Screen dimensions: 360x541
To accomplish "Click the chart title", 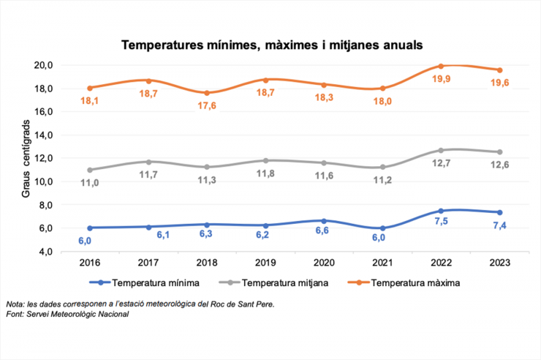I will coord(271,45).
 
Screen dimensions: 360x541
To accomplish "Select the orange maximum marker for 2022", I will coord(441,66).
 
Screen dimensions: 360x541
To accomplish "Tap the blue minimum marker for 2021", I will coord(382,228).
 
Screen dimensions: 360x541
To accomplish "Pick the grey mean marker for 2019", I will coord(265,160).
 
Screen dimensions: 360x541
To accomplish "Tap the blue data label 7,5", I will coord(441,222).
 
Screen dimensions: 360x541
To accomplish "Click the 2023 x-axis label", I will coord(499,262).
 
